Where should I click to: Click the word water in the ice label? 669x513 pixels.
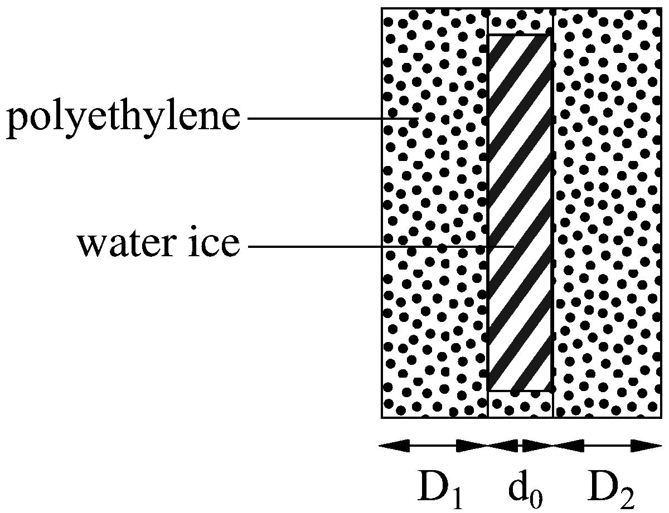click(125, 245)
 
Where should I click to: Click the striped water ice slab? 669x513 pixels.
click(520, 213)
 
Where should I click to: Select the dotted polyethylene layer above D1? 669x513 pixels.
click(435, 213)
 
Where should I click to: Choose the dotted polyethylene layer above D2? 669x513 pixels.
click(608, 213)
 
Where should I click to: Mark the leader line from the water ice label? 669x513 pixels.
click(381, 246)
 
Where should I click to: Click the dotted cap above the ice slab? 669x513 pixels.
click(521, 22)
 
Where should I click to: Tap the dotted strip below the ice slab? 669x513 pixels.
click(521, 404)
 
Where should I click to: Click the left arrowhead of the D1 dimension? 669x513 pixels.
click(394, 446)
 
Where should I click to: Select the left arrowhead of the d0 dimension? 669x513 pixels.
click(503, 446)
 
